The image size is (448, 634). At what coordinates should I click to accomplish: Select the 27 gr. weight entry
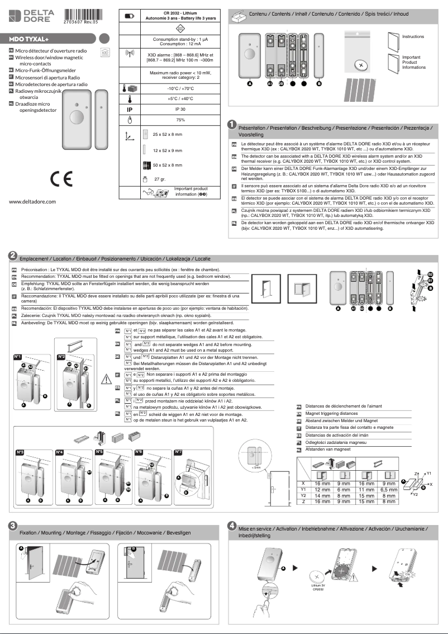pos(161,180)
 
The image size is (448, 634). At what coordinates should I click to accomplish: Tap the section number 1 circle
pos(231,124)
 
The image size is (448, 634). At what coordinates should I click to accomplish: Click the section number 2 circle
pos(12,255)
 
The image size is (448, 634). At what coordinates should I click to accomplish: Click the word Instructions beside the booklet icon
pos(413,37)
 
